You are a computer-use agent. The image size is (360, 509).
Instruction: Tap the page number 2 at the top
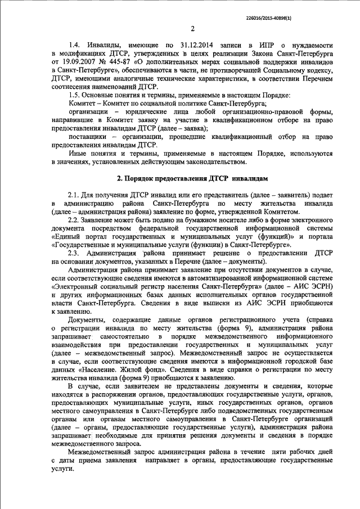pos(192,29)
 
